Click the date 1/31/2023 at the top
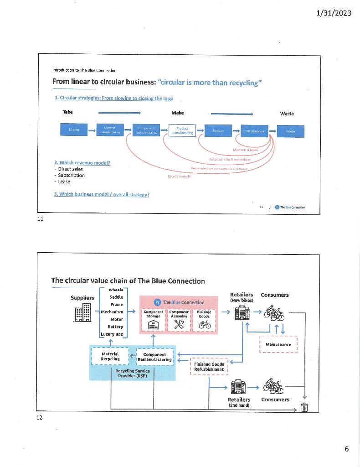point(334,13)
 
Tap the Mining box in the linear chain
point(74,130)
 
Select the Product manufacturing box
point(182,130)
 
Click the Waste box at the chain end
point(291,131)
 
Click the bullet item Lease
point(64,182)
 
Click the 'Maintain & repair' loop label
point(246,150)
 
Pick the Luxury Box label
point(112,334)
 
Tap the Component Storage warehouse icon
point(154,325)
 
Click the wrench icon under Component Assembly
point(179,325)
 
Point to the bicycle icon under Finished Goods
point(204,325)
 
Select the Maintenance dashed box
point(278,344)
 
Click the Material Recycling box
point(110,356)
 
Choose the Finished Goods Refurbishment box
point(209,367)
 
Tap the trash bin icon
point(304,407)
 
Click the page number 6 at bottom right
point(346,449)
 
